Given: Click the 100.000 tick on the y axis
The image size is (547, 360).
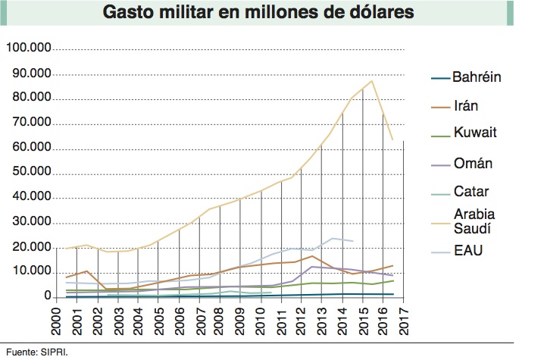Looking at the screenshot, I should point(28,49).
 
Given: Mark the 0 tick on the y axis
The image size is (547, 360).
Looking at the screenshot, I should point(47,298).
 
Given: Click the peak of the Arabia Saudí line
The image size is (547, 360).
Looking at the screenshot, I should point(371,81).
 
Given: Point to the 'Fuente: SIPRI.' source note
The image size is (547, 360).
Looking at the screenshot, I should point(31,351).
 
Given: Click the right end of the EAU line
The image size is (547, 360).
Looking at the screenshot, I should point(352,241).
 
